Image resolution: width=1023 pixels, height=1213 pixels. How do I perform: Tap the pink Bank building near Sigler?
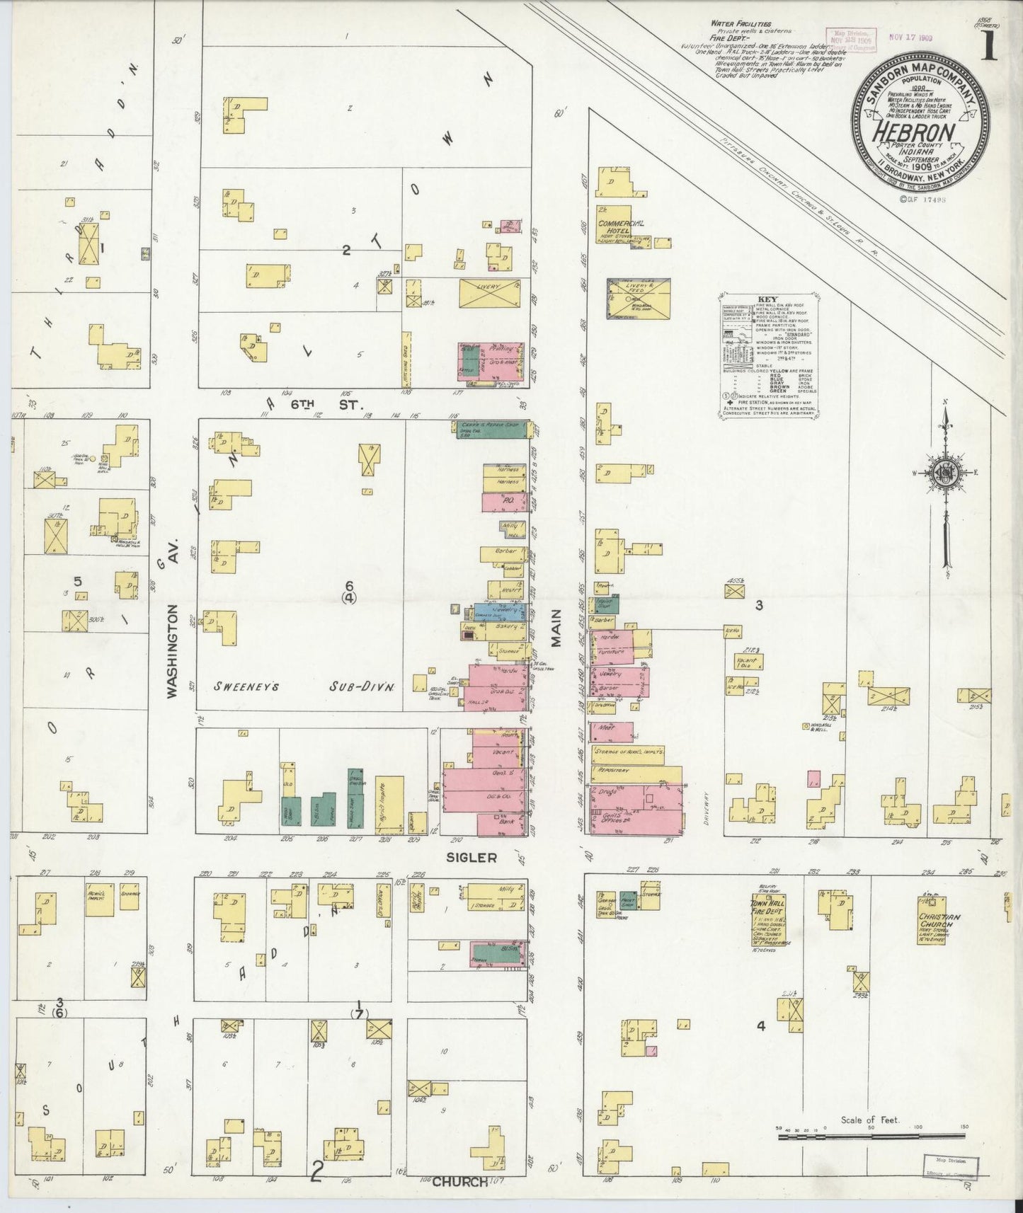click(501, 824)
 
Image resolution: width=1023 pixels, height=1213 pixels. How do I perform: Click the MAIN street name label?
click(556, 627)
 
